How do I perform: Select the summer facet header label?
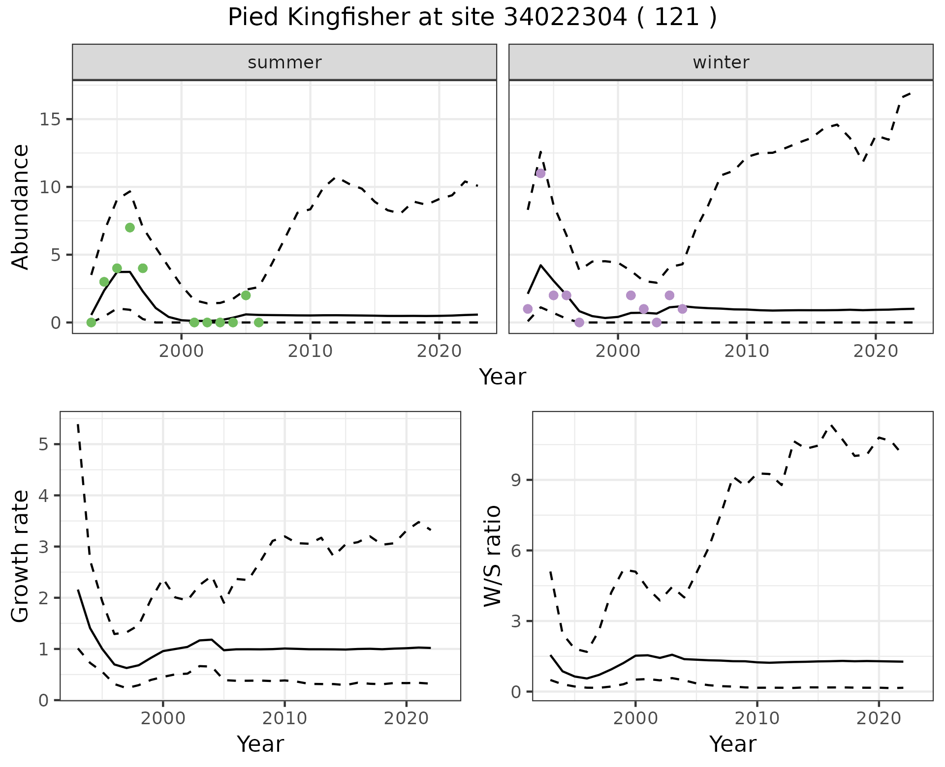pos(284,62)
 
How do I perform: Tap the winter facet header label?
pos(721,62)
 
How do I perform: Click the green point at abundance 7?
pos(130,227)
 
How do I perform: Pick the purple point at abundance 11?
pos(540,173)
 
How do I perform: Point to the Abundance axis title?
pos(21,206)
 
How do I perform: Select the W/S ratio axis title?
pos(492,556)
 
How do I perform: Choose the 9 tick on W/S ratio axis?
pos(516,480)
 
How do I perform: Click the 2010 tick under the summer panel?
pos(310,351)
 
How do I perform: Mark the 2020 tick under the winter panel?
pos(875,351)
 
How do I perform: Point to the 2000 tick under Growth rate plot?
pos(163,718)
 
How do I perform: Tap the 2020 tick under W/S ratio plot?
pos(879,718)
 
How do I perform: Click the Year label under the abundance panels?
pos(502,377)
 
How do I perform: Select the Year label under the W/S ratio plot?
pos(732,744)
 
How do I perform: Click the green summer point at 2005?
pos(246,295)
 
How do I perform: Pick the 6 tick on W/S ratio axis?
pos(516,550)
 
